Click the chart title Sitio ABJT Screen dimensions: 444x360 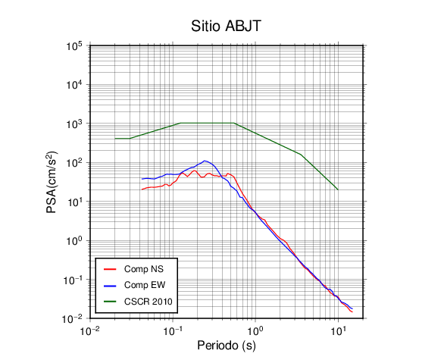point(226,27)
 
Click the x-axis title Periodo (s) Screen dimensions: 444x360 point(227,346)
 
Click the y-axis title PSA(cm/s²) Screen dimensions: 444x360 point(52,183)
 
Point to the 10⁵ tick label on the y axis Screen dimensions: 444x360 point(74,46)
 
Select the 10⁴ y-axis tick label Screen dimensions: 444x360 point(74,85)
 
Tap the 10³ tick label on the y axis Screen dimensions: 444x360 point(74,124)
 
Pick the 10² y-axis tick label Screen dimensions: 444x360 point(74,163)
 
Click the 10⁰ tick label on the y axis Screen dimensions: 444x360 point(74,241)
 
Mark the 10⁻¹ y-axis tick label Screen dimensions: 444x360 point(73,280)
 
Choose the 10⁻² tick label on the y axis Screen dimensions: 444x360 point(73,319)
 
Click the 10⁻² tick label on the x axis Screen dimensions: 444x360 point(89,330)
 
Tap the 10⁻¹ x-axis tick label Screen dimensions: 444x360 point(173,330)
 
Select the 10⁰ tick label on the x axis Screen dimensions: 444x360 point(255,330)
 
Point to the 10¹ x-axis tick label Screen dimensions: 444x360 point(338,330)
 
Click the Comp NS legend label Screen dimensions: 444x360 point(144,269)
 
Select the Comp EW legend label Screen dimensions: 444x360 point(145,285)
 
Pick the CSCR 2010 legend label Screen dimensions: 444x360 point(148,302)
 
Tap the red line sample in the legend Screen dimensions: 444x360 point(110,269)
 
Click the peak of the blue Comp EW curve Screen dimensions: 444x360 point(205,161)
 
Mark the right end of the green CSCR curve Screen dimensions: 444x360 point(338,189)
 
